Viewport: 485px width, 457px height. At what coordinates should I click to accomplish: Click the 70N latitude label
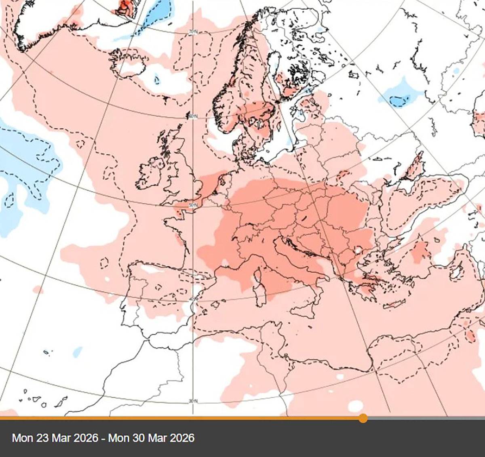tap(193, 32)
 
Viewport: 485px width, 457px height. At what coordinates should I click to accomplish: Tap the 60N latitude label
tap(193, 117)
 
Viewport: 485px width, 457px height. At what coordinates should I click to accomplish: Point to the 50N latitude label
tap(193, 206)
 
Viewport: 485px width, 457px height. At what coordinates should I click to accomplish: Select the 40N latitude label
tap(193, 299)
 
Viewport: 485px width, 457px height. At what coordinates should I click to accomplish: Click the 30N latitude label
tap(193, 401)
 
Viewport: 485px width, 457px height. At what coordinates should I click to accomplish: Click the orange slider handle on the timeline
tap(363, 418)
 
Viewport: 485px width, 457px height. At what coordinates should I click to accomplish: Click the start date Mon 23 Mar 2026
tap(55, 438)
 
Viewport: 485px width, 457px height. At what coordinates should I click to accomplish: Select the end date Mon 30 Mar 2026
tap(152, 438)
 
